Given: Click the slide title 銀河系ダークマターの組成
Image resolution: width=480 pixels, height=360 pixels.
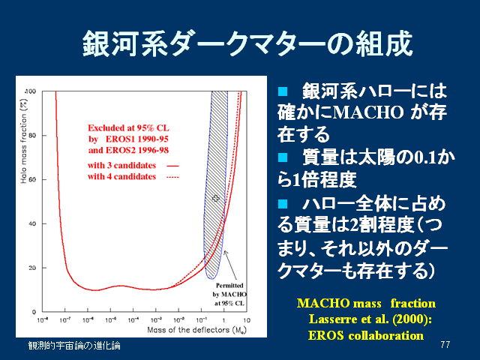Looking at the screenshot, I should click(247, 43).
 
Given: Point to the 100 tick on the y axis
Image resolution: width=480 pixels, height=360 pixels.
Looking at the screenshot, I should click(31, 91).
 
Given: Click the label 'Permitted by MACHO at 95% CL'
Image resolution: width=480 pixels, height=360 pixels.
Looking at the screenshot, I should click(232, 293).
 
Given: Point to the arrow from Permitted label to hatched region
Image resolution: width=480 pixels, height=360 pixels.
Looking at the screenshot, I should click(229, 265).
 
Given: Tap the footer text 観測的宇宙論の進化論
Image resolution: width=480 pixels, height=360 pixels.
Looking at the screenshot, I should click(73, 345).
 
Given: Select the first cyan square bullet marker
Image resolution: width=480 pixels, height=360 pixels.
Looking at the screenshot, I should click(282, 91).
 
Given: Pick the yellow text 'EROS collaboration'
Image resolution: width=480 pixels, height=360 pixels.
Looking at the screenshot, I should click(366, 335).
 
